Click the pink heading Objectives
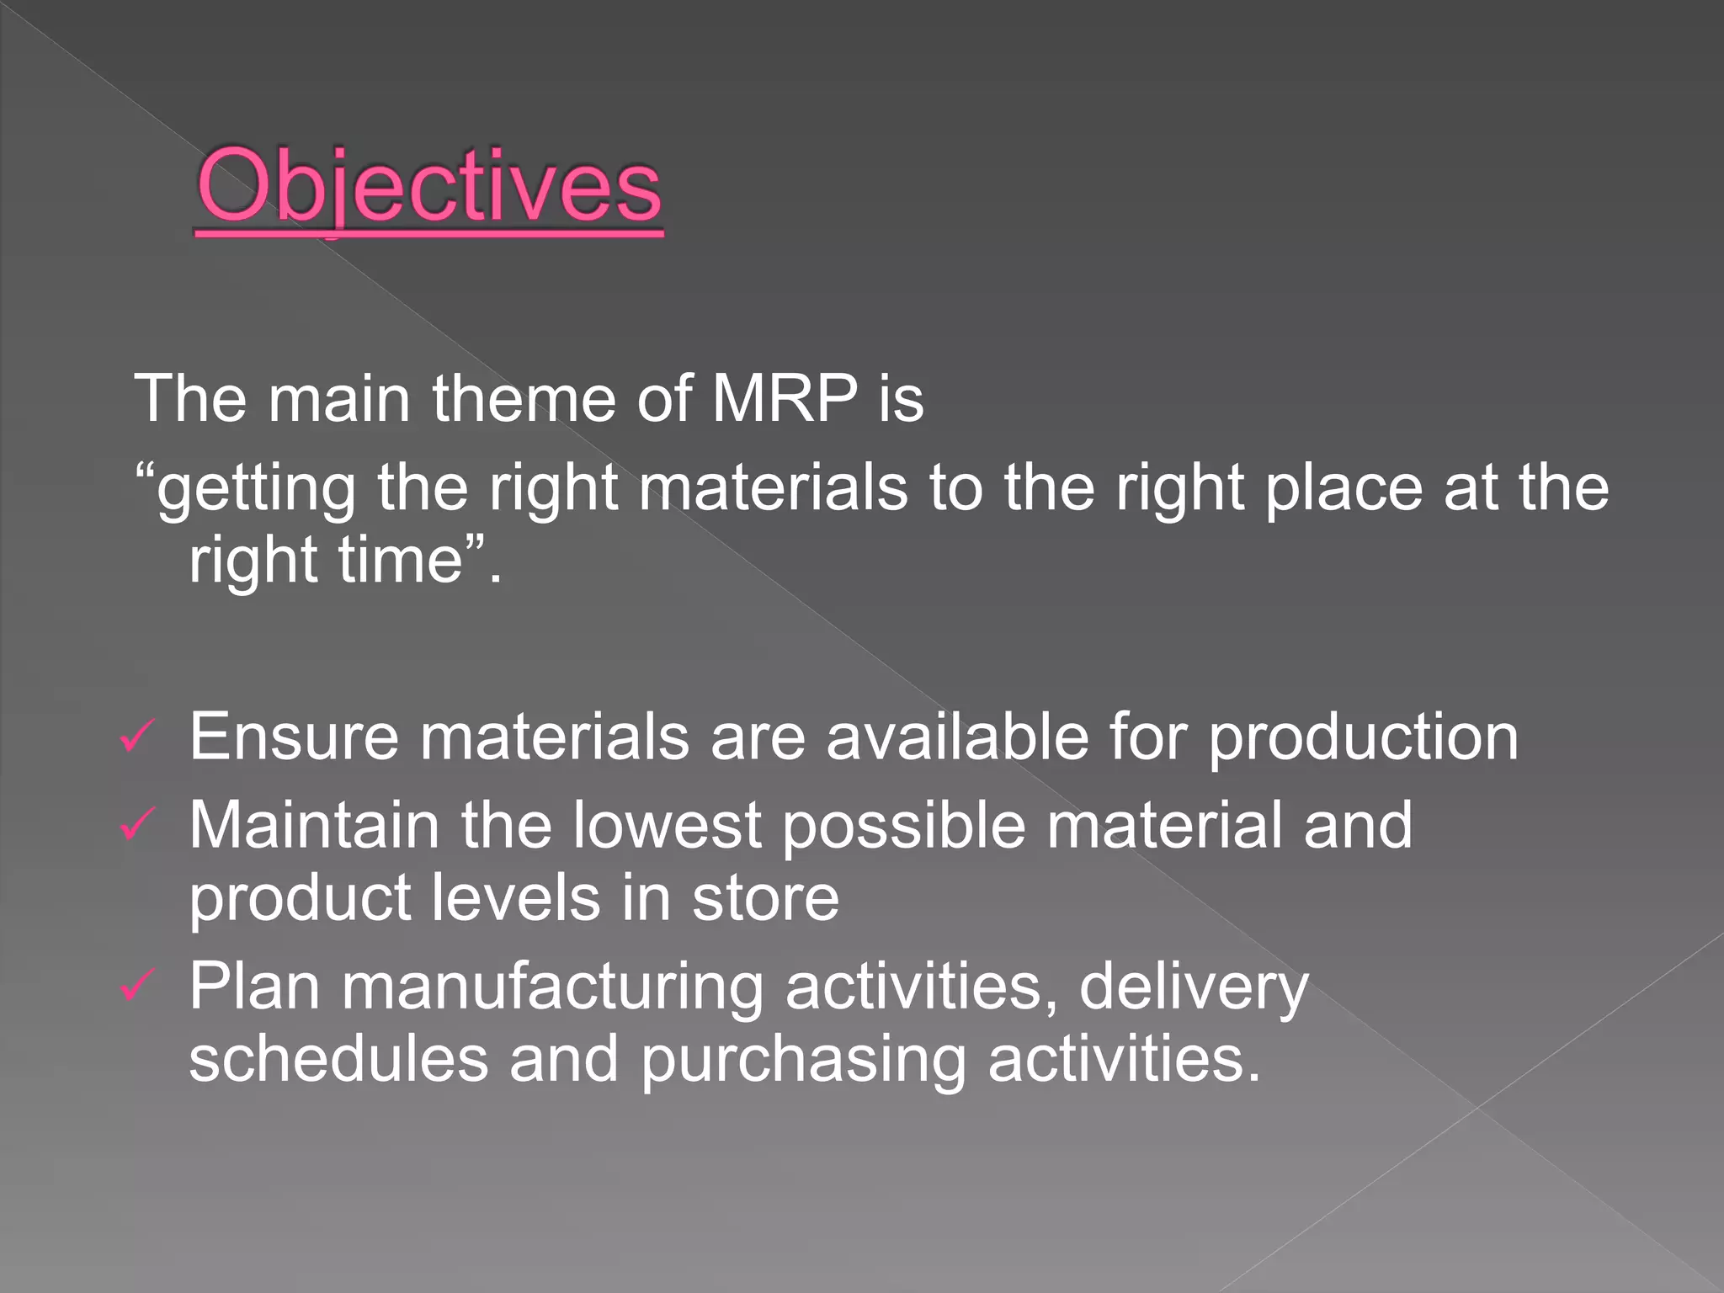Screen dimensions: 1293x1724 (x=429, y=187)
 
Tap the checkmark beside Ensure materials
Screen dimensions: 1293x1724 (x=136, y=737)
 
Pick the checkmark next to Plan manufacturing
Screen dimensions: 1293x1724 (x=136, y=986)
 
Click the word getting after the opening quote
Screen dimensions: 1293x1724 (x=256, y=490)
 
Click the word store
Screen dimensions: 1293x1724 (x=765, y=898)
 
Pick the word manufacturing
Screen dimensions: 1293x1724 (x=551, y=987)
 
